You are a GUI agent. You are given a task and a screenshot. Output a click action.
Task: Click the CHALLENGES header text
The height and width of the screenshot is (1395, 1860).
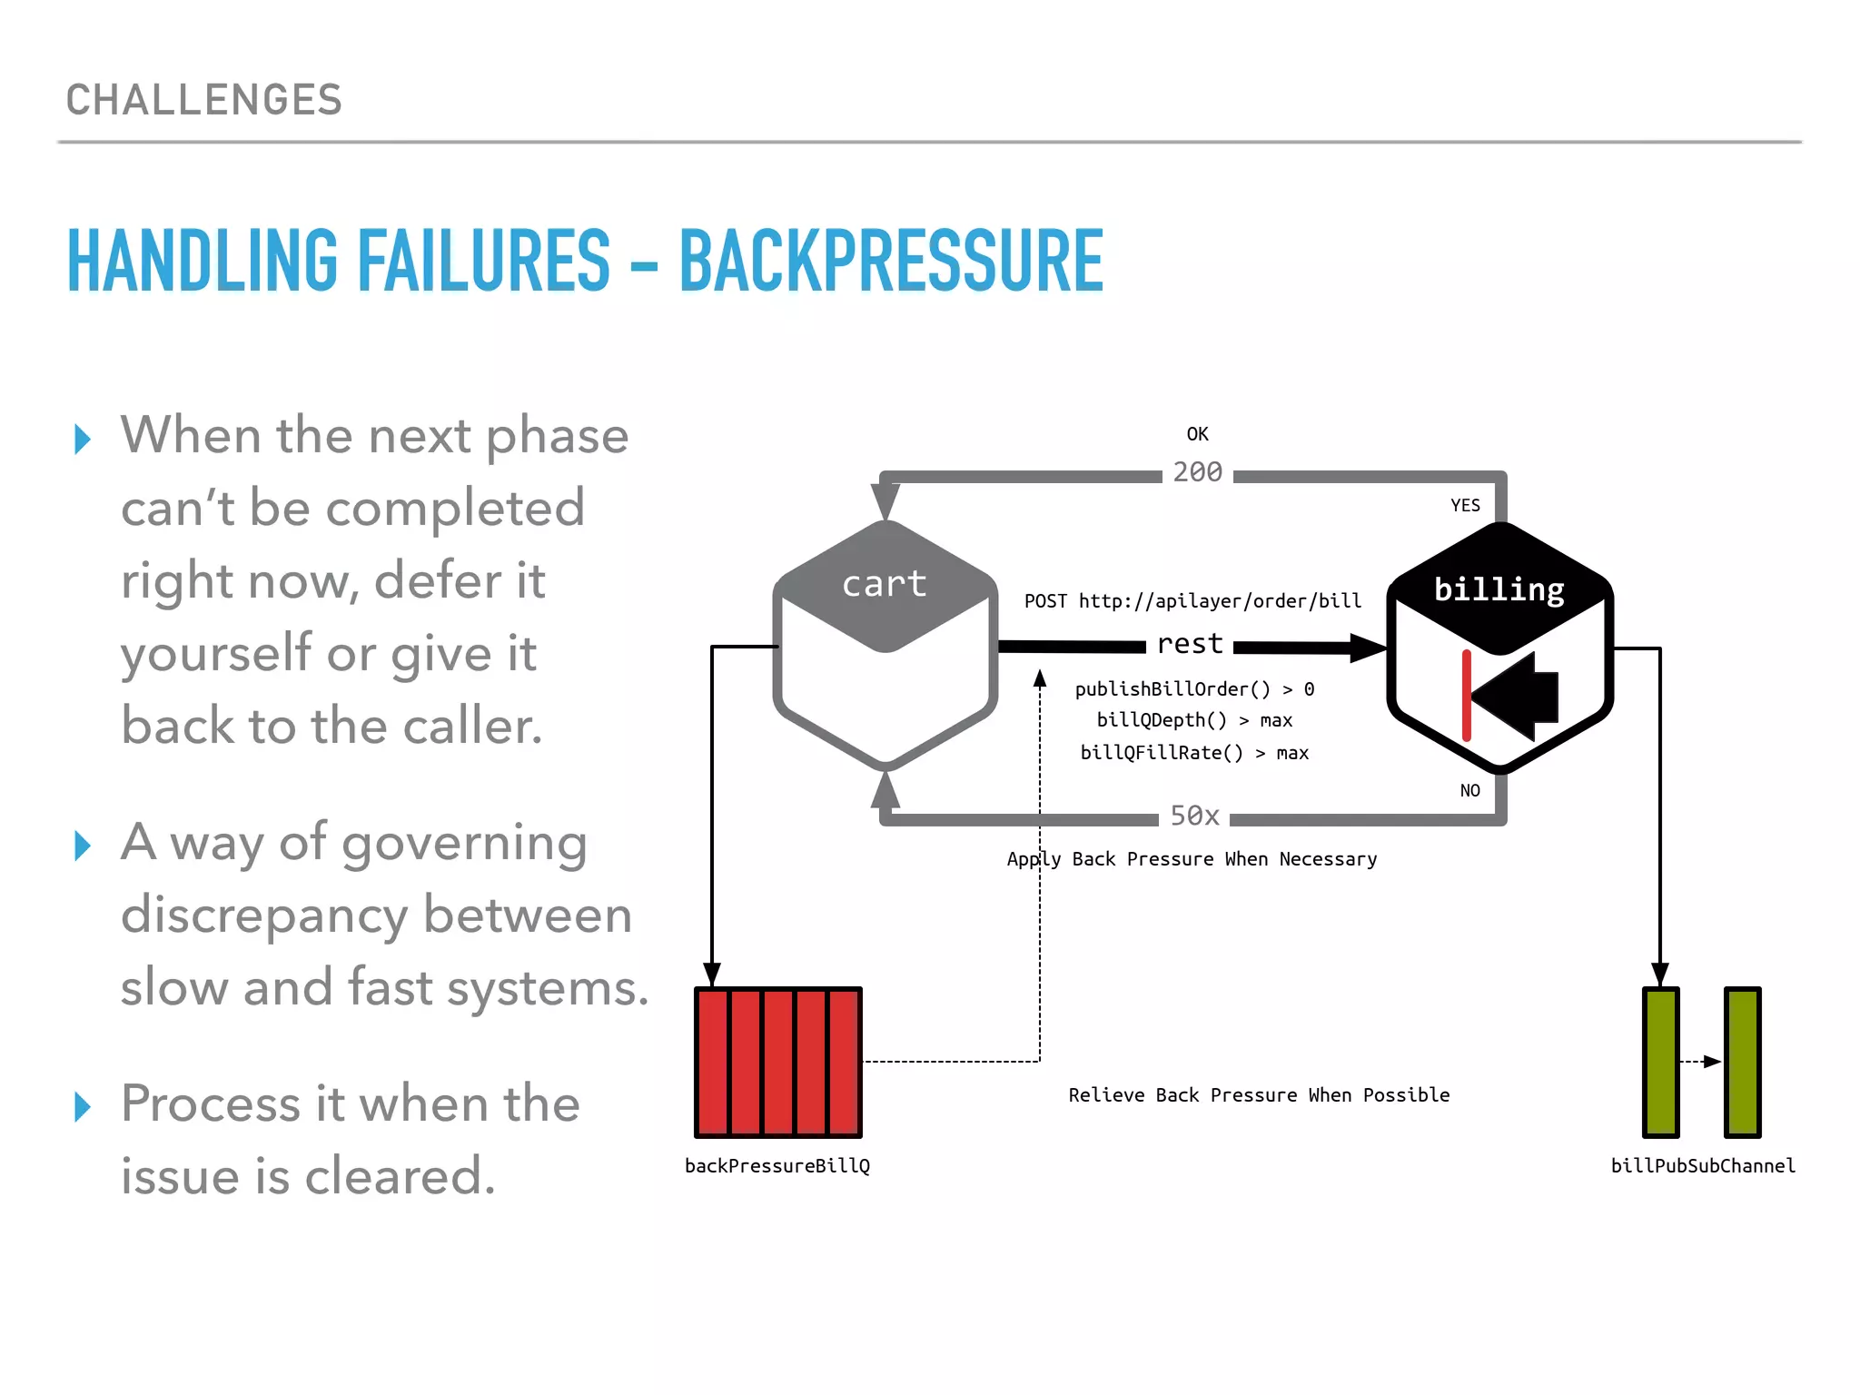204,100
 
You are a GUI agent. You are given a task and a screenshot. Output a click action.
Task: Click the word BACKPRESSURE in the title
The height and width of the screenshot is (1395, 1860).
891,262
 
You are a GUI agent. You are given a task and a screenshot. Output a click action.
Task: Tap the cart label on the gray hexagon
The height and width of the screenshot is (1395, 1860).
884,583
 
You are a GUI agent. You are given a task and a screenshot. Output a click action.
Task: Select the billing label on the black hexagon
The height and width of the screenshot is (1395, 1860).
1499,589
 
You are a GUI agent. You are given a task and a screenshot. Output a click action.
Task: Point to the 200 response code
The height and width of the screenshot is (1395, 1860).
1197,472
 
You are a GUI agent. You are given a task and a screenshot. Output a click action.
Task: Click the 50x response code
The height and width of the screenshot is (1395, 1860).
1194,816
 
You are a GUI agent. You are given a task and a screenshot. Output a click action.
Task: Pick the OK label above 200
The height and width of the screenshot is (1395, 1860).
1197,434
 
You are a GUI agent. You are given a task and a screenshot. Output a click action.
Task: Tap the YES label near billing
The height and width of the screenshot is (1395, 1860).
1465,506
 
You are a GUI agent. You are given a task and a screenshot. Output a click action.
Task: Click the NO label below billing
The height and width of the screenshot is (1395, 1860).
1469,790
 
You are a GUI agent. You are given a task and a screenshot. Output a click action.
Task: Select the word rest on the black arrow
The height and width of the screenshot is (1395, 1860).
1190,644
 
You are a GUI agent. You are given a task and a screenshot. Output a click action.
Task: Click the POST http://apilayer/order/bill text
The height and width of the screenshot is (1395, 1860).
1192,601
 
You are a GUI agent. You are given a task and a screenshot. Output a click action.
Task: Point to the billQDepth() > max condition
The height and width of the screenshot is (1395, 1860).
1194,720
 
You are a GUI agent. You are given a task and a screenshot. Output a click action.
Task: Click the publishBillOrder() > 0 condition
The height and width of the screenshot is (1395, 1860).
1194,689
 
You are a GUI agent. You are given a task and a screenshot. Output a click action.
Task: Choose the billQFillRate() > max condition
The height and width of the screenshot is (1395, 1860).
1194,753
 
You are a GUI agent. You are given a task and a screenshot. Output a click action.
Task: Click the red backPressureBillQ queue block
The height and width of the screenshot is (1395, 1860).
778,1062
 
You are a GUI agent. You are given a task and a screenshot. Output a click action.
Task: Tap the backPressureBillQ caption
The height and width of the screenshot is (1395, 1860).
777,1166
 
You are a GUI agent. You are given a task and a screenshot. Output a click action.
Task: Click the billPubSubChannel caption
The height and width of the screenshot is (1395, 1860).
1703,1166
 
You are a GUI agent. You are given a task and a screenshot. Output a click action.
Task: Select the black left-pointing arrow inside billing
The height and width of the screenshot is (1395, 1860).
1517,697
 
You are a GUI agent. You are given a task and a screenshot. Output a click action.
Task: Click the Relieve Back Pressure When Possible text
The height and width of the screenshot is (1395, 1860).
1259,1095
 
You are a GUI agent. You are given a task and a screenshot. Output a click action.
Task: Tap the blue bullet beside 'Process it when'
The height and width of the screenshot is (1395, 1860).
83,1106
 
